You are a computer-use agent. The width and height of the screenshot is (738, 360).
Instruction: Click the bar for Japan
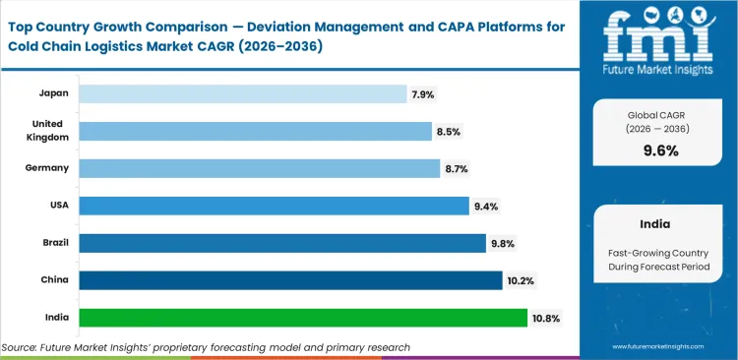(x=242, y=93)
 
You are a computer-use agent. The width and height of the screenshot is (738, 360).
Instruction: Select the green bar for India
(x=302, y=318)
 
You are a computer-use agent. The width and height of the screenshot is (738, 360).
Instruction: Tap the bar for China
(x=290, y=280)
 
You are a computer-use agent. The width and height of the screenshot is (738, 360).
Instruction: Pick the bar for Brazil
(x=282, y=243)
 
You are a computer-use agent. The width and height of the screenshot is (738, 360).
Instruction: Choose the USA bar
(x=274, y=206)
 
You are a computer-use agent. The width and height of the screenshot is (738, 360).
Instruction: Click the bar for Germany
(x=259, y=168)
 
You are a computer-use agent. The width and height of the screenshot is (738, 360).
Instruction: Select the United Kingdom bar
(x=255, y=131)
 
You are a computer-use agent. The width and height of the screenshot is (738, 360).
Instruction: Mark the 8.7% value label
(x=456, y=169)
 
